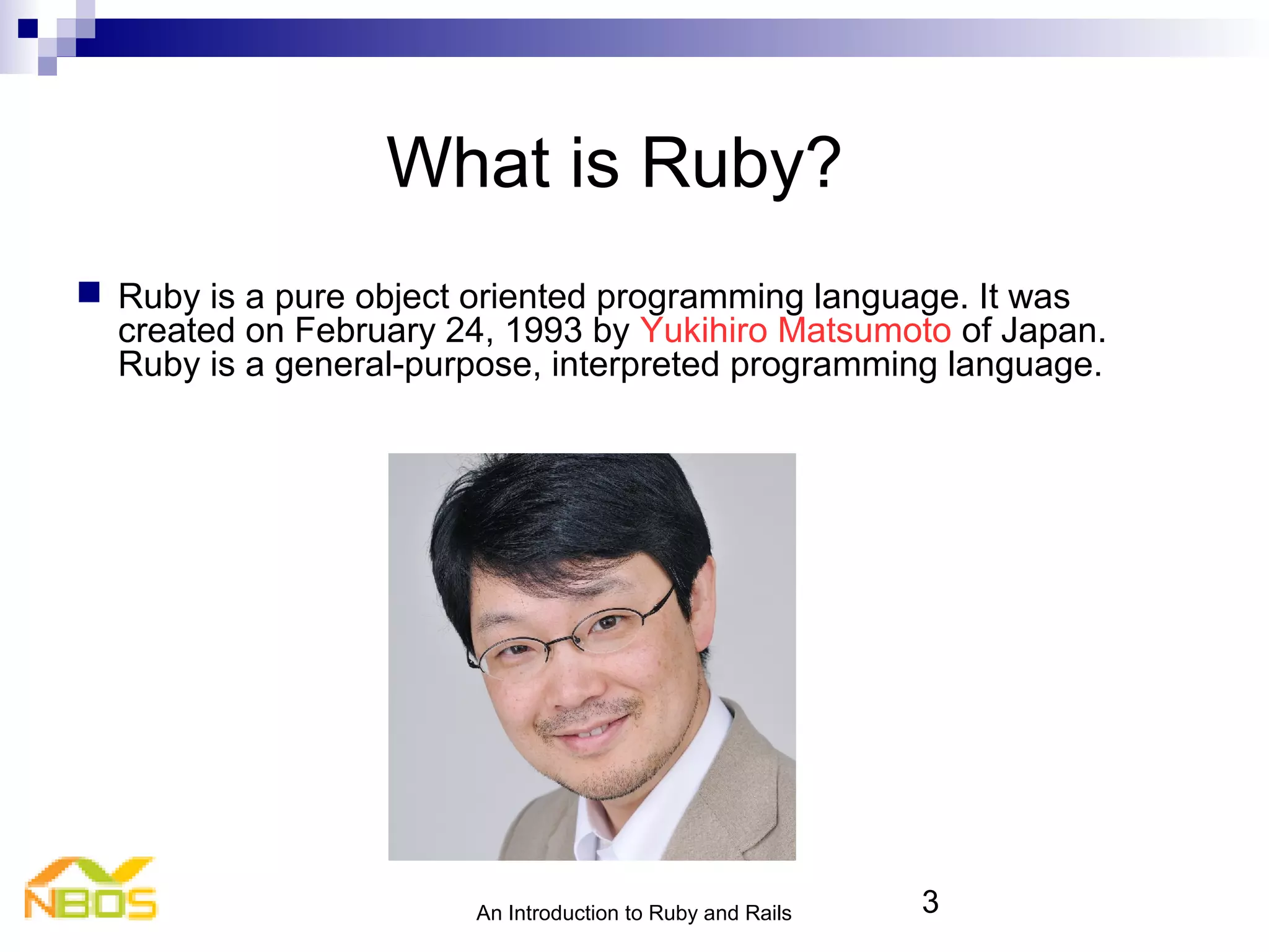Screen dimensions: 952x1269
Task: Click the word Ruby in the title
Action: click(722, 164)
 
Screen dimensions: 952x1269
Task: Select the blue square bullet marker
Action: click(89, 292)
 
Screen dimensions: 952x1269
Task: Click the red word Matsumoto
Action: click(864, 330)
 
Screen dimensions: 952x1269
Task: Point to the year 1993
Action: click(543, 330)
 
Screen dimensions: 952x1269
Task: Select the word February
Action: click(364, 330)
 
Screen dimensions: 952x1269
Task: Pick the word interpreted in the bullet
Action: click(635, 364)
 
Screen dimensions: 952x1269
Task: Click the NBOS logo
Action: click(90, 889)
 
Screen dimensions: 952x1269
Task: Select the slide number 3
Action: click(929, 902)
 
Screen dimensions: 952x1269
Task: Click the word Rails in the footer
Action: click(768, 913)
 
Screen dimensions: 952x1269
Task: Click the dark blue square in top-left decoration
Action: click(28, 29)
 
